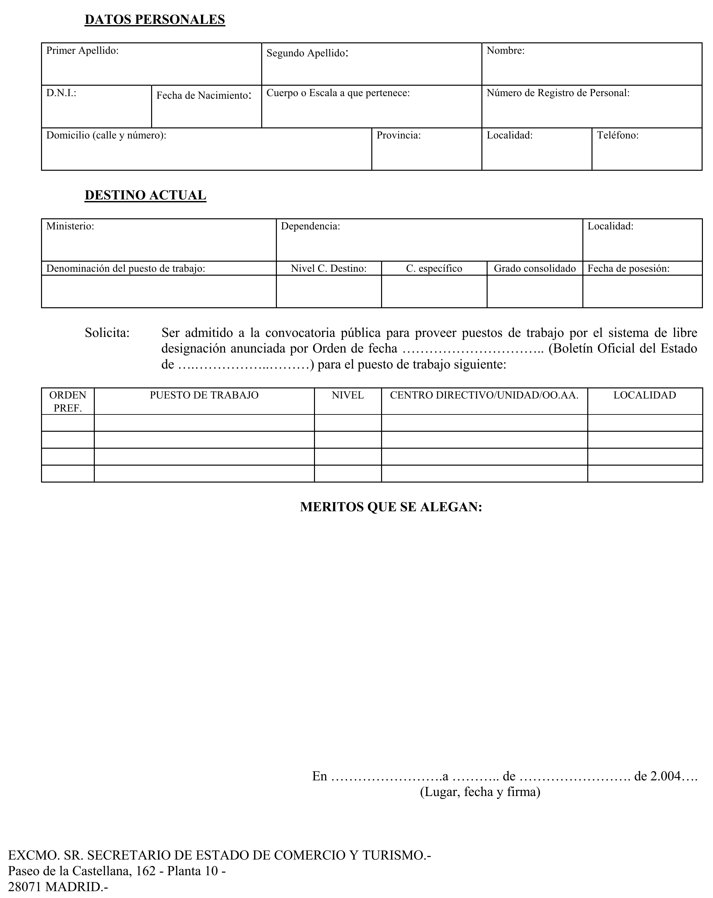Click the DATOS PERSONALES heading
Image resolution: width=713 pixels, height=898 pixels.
pyautogui.click(x=154, y=20)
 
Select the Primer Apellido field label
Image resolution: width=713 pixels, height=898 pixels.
pyautogui.click(x=82, y=51)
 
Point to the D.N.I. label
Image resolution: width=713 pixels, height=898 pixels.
pyautogui.click(x=61, y=93)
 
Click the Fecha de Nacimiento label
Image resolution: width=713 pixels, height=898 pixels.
pyautogui.click(x=204, y=95)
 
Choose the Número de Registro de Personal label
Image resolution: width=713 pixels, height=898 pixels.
pyautogui.click(x=558, y=93)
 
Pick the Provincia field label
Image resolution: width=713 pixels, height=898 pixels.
pyautogui.click(x=399, y=135)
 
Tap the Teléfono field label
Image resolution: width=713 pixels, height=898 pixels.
pyautogui.click(x=618, y=135)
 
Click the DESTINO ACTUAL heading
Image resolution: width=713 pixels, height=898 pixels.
pyautogui.click(x=145, y=196)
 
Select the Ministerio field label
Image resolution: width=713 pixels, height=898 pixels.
pyautogui.click(x=70, y=226)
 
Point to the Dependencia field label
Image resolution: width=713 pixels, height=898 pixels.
pyautogui.click(x=310, y=226)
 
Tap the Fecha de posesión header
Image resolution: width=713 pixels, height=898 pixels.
pyautogui.click(x=628, y=268)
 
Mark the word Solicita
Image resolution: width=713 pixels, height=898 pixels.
pyautogui.click(x=107, y=333)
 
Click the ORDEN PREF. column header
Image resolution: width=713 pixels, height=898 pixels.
pyautogui.click(x=68, y=401)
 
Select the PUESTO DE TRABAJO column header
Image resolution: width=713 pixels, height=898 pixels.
pyautogui.click(x=204, y=395)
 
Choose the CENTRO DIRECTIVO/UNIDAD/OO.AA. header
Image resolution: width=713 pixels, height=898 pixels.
pyautogui.click(x=484, y=395)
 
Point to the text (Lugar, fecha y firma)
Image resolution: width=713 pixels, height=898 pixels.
pyautogui.click(x=480, y=791)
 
